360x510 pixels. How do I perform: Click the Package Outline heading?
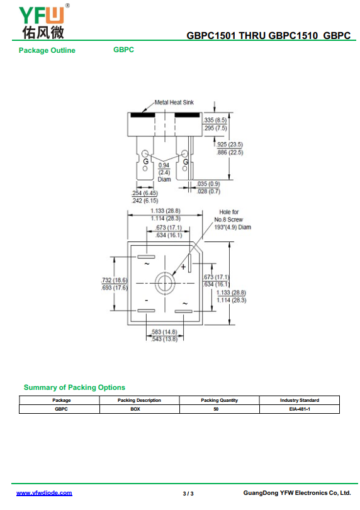47,50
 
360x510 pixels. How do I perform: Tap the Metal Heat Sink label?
174,103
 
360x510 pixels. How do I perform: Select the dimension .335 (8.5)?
215,120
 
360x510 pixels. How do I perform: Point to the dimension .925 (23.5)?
230,145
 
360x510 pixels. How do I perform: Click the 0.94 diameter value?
164,165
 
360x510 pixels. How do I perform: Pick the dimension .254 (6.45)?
145,193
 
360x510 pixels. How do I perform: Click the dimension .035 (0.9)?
208,184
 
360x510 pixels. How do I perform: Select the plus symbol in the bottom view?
183,267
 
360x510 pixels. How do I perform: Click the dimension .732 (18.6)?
115,280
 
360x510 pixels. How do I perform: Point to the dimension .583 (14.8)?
165,332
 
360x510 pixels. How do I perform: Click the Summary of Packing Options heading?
74,387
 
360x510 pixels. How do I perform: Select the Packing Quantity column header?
220,401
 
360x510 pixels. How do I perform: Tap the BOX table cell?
135,409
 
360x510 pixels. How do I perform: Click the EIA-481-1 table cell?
300,409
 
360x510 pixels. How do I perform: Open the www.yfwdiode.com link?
44,493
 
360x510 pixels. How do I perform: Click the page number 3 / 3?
188,494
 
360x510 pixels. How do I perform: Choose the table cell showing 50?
216,409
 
